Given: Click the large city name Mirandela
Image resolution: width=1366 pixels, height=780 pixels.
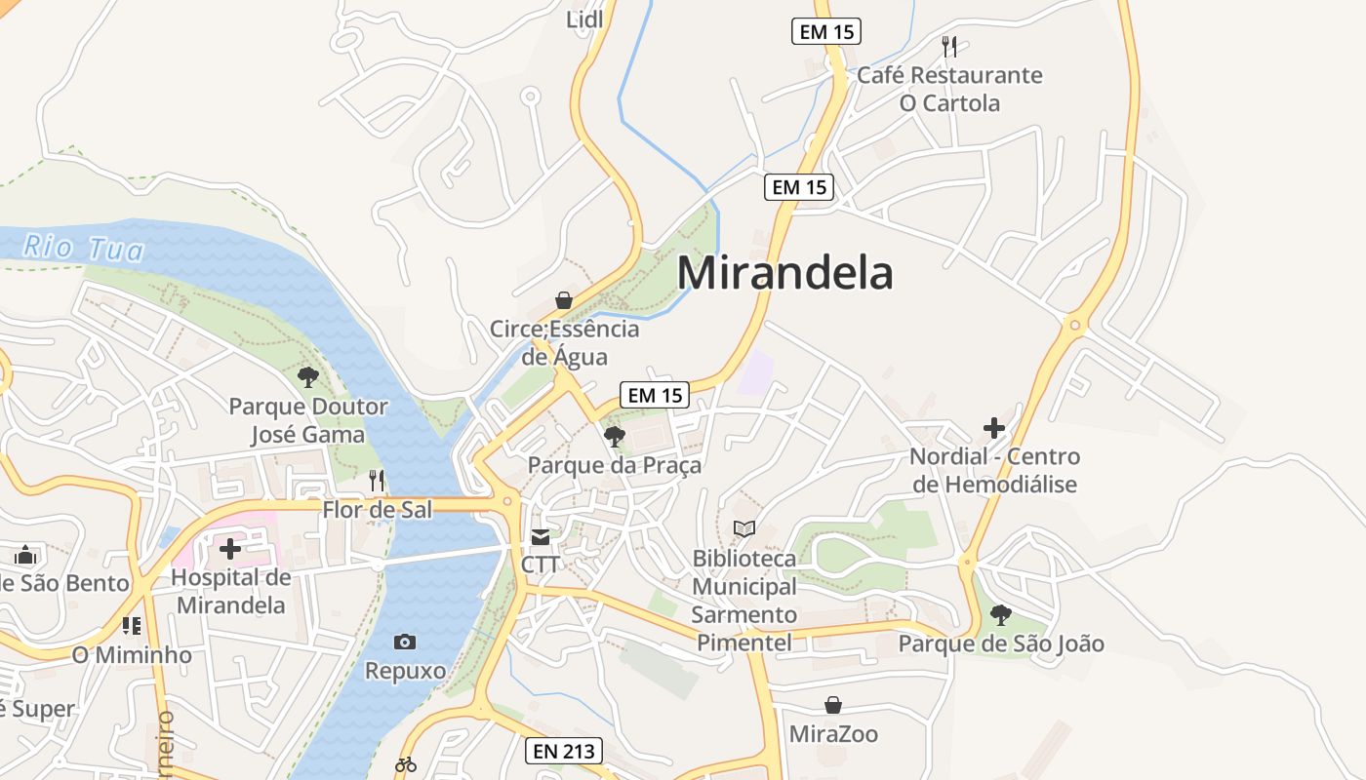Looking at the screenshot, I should [784, 273].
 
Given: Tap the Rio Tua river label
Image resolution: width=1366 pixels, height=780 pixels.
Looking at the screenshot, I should [83, 248].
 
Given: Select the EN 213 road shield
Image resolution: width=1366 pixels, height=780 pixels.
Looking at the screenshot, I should [563, 751].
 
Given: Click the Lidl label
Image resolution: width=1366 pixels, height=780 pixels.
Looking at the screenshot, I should [584, 19].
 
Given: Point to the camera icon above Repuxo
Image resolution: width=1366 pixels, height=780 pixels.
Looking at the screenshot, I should [405, 642].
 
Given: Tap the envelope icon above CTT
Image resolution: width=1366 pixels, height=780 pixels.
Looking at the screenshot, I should [541, 536].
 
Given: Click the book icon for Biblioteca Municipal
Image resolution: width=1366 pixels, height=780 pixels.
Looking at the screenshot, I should [744, 528].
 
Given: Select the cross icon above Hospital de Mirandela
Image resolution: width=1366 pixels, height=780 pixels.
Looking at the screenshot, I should [230, 549].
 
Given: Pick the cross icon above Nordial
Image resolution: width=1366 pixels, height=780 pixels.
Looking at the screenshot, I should [993, 427].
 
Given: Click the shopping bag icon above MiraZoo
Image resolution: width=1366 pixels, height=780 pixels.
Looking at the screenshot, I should [833, 705].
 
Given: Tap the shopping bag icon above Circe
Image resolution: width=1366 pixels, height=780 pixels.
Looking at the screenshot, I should [564, 299].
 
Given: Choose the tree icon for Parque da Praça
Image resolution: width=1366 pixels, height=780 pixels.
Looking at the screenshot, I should [615, 436].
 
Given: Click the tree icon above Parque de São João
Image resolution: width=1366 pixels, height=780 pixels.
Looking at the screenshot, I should [1000, 614].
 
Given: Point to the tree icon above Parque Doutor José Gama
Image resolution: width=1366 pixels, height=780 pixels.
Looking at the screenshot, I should [308, 376].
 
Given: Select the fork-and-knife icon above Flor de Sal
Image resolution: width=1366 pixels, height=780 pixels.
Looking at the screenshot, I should [377, 480].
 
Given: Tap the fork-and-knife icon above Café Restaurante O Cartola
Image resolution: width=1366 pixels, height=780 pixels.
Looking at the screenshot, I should [948, 46].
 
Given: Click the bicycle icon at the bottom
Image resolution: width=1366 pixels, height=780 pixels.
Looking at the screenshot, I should [406, 764].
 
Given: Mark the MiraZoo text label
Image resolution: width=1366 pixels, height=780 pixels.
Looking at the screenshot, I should [833, 733].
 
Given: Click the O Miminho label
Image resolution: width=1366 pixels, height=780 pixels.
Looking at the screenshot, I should [132, 654].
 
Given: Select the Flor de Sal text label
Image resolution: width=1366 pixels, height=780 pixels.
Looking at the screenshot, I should [377, 509].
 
